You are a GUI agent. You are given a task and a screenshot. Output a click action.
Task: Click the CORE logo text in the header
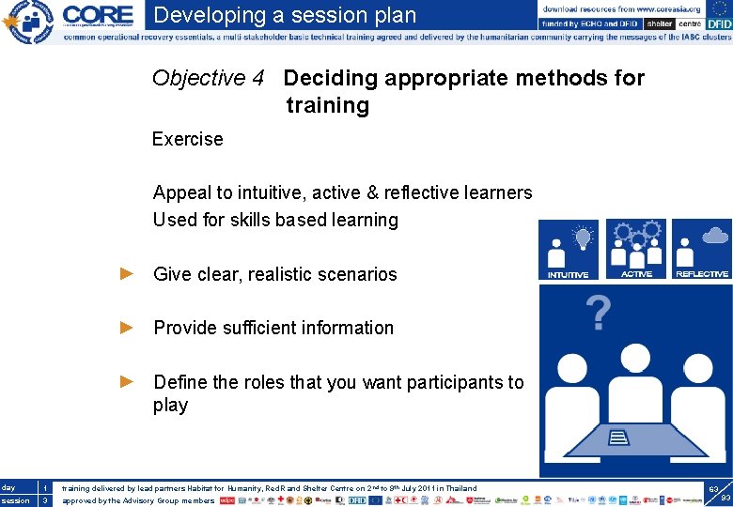pos(98,16)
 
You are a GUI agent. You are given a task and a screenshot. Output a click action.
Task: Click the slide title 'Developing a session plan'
pos(285,15)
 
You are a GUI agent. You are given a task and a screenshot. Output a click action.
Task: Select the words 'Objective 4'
pos(208,78)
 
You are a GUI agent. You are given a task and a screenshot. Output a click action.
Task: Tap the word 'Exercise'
pos(188,139)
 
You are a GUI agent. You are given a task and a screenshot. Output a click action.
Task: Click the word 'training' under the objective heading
pos(328,105)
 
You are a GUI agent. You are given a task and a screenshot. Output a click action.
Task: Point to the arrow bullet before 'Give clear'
pos(128,274)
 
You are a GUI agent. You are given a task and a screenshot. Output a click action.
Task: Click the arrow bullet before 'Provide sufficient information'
pos(128,328)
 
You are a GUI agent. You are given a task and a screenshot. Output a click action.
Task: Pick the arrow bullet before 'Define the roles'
pos(128,382)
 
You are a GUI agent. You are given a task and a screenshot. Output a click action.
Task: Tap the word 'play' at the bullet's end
pos(171,406)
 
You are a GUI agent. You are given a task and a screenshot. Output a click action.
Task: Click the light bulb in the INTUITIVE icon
pos(583,236)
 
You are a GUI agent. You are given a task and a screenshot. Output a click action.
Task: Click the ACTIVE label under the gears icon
pos(636,274)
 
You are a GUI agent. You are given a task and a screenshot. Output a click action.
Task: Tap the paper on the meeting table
pos(621,437)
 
